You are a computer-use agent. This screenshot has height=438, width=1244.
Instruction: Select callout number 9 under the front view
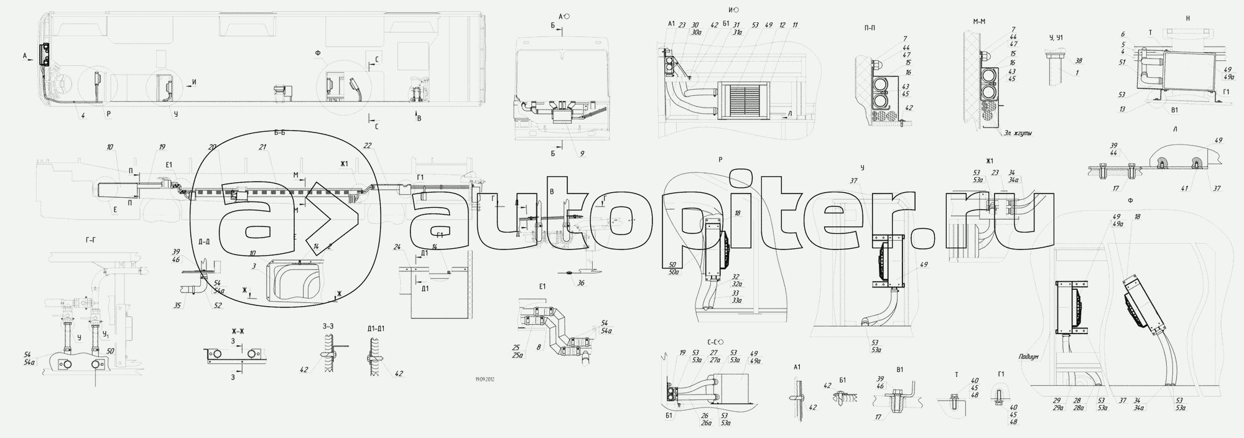(582, 153)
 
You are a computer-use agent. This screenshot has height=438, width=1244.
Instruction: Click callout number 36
(581, 283)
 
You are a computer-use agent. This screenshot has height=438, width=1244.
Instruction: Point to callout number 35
(177, 305)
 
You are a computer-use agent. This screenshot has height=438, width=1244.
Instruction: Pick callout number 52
(218, 305)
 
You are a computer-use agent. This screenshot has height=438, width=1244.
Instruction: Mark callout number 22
(368, 146)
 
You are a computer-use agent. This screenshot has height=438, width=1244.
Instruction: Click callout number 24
(396, 248)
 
